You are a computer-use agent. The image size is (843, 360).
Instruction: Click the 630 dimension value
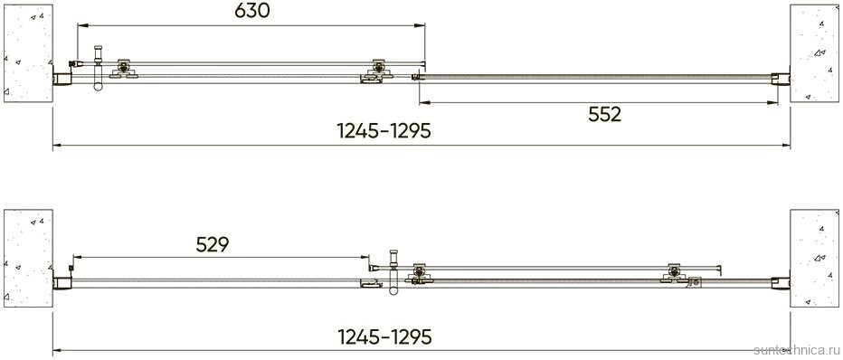pyautogui.click(x=251, y=11)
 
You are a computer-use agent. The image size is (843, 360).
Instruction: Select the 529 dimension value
pyautogui.click(x=213, y=244)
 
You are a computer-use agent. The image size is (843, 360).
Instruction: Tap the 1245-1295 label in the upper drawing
pyautogui.click(x=384, y=131)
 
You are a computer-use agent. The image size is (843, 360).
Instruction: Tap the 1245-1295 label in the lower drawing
pyautogui.click(x=384, y=336)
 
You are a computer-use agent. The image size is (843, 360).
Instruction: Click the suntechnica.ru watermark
pyautogui.click(x=797, y=351)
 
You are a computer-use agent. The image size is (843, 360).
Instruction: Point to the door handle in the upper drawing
pyautogui.click(x=98, y=68)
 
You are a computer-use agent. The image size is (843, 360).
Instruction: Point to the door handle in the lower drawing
pyautogui.click(x=393, y=272)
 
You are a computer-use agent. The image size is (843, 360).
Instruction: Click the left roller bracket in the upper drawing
pyautogui.click(x=124, y=69)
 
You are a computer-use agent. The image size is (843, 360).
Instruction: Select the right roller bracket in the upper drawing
pyautogui.click(x=378, y=70)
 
